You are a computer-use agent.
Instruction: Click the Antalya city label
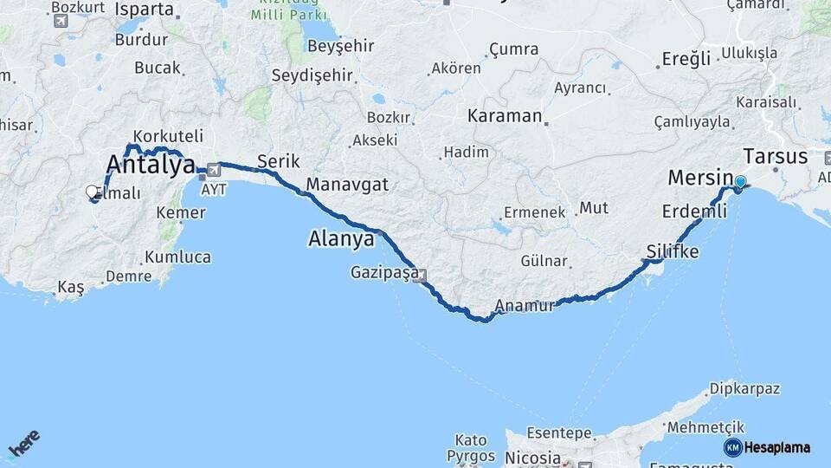point(150,164)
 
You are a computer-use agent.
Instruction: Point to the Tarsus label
point(775,157)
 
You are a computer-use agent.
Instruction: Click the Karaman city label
point(505,115)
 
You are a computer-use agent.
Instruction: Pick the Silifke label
point(672,251)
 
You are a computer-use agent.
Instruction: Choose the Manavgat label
point(347,185)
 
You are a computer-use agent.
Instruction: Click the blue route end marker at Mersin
point(740,182)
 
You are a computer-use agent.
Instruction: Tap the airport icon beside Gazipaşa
point(422,276)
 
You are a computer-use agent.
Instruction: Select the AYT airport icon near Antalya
point(212,170)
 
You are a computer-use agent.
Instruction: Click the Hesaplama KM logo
point(767,447)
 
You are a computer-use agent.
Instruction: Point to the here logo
point(24,446)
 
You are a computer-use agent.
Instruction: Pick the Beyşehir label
point(343,46)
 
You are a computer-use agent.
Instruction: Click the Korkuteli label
point(170,136)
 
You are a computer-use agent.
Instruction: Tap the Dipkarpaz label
point(744,388)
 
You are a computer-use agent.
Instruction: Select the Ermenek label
point(534,211)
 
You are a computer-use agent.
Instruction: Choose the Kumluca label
point(177,257)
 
